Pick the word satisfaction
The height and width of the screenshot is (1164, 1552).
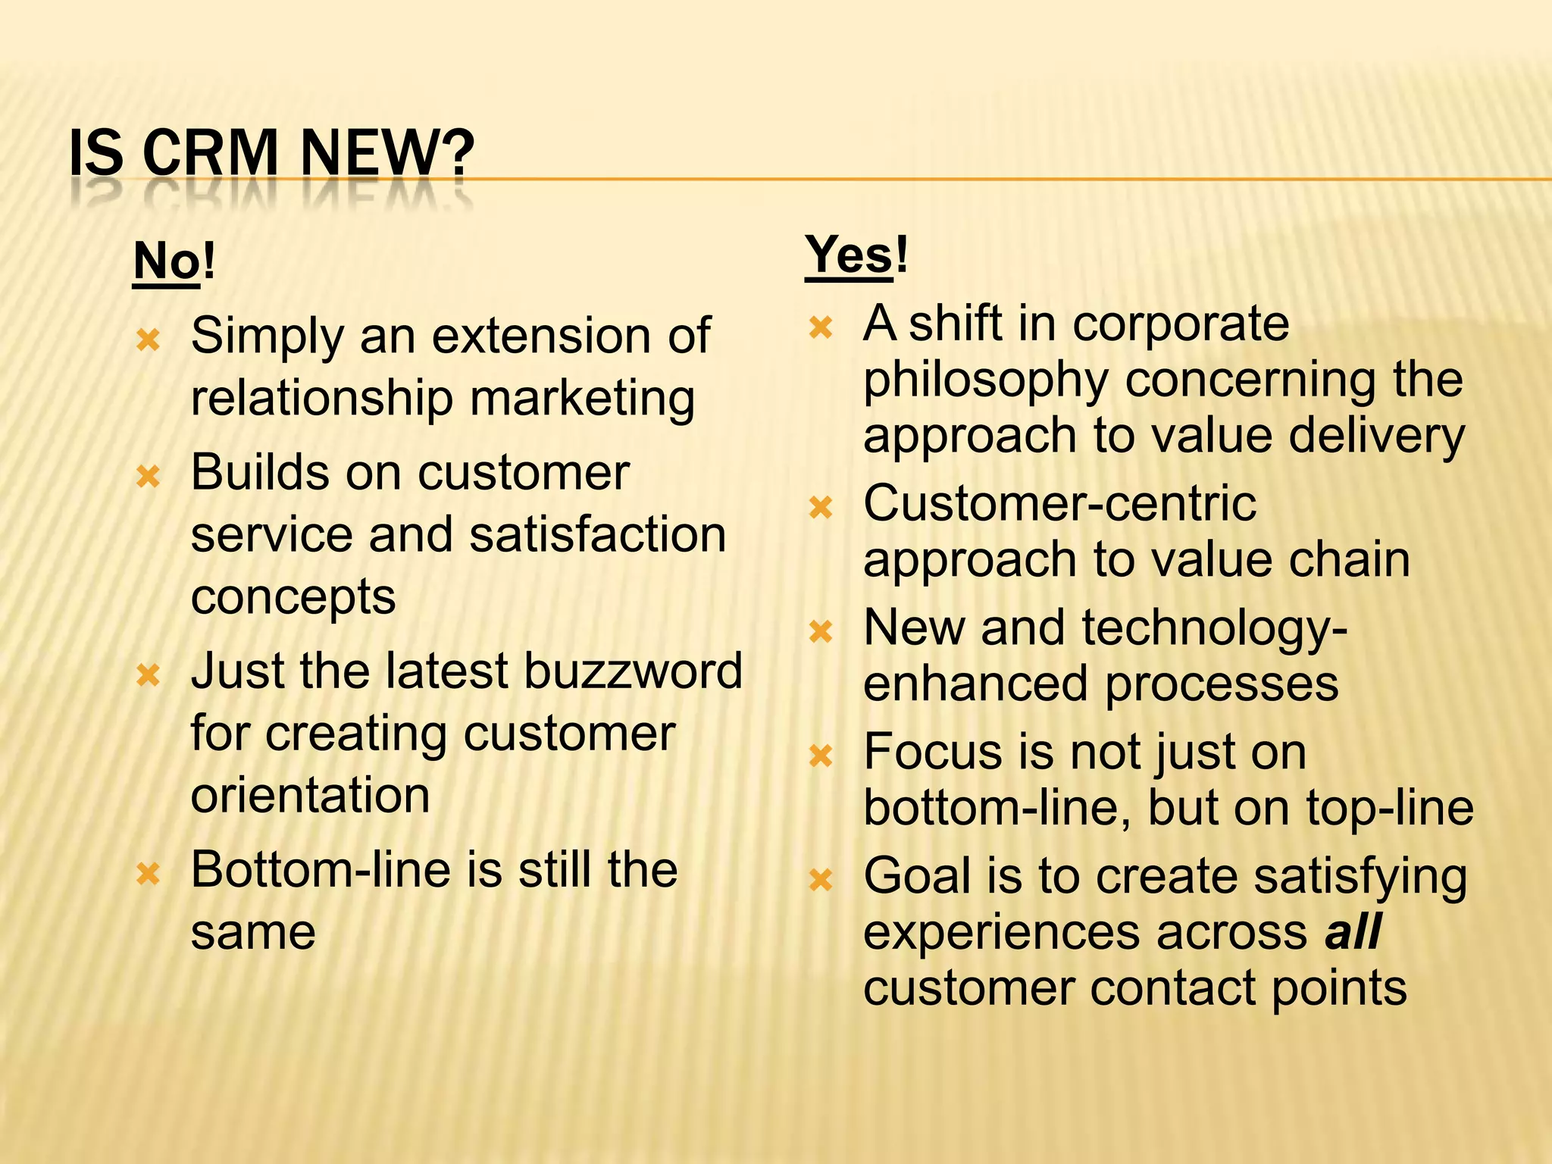[597, 534]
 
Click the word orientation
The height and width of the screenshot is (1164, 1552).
[310, 795]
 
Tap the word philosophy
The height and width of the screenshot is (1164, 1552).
[986, 380]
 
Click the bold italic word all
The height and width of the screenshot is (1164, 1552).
[1353, 931]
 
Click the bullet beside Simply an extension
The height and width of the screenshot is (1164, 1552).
[149, 339]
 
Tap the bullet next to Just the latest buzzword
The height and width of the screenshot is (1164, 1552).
[149, 674]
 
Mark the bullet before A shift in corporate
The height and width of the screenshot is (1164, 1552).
[821, 327]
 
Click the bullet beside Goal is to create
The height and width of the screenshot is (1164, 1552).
[821, 880]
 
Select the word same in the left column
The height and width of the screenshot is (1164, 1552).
[253, 932]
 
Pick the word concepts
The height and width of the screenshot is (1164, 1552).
[293, 597]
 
